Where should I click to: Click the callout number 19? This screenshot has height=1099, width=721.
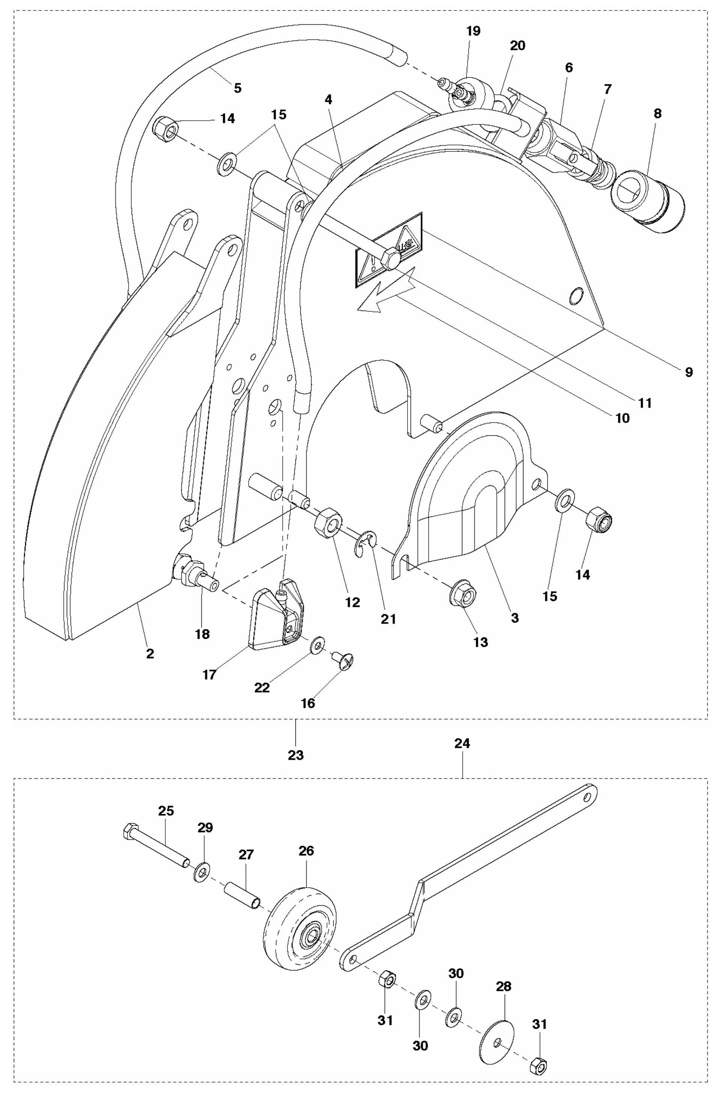tap(473, 31)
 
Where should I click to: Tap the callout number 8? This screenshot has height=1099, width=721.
tap(657, 114)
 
